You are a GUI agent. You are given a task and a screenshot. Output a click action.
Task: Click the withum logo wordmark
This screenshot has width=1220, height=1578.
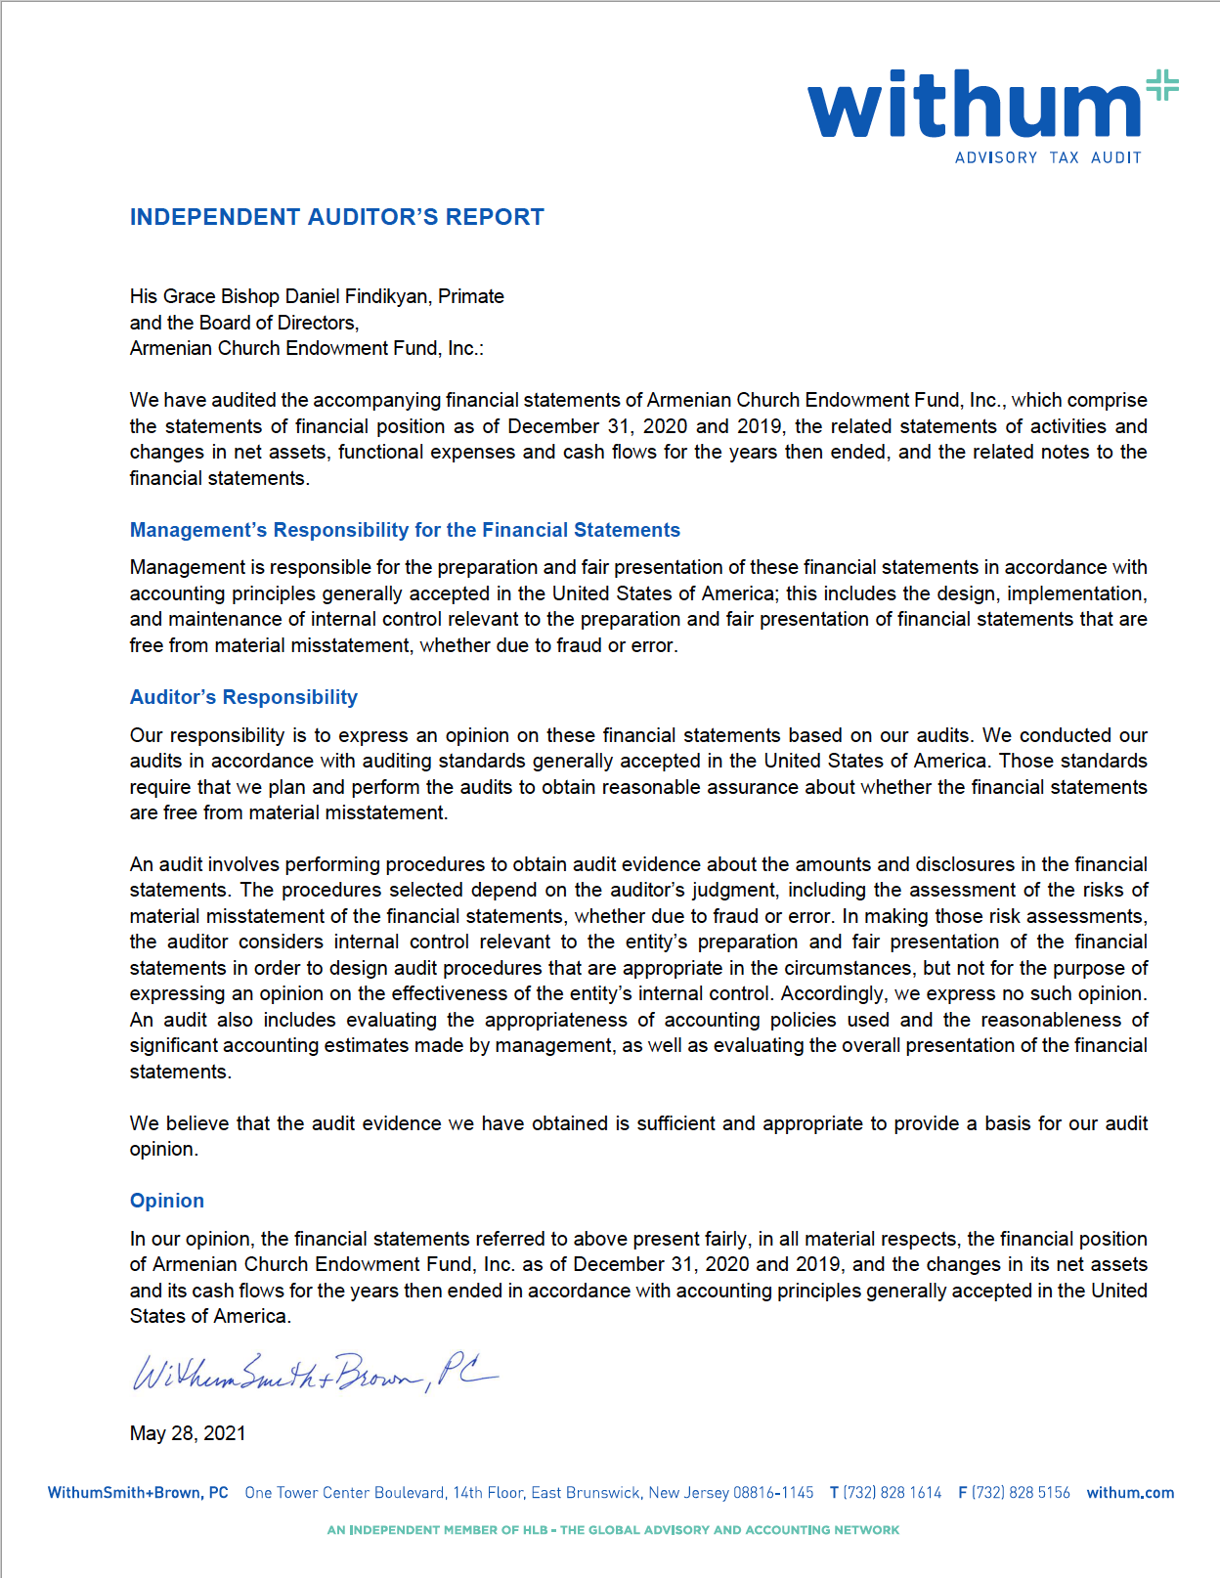[974, 106]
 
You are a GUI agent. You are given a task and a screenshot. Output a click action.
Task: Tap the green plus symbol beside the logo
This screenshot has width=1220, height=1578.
[1162, 85]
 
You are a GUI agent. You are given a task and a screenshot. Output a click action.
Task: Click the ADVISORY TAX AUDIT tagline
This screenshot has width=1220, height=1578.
[1048, 157]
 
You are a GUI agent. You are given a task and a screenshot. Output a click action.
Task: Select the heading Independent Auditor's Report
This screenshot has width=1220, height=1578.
[336, 217]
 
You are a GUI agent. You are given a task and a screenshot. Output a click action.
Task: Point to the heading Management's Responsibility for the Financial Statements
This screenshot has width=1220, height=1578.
[405, 530]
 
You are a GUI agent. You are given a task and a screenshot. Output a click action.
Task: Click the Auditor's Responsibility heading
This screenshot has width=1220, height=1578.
[243, 697]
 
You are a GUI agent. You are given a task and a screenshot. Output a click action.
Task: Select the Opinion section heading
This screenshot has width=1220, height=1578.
[167, 1201]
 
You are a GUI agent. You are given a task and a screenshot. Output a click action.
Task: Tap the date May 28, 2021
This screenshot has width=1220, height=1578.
[188, 1433]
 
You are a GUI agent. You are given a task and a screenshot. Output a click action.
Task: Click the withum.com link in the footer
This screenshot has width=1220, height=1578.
[1130, 1493]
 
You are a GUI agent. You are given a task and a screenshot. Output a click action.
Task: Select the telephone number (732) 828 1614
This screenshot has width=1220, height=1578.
[893, 1493]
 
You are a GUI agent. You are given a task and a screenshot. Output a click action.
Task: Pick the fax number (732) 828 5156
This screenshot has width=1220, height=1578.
[1021, 1493]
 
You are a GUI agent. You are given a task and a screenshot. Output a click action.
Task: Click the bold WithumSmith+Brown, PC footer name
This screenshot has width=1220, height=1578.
[138, 1493]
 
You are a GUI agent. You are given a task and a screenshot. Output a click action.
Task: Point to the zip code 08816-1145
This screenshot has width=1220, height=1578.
[773, 1493]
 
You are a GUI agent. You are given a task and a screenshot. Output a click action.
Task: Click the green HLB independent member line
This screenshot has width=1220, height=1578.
[613, 1530]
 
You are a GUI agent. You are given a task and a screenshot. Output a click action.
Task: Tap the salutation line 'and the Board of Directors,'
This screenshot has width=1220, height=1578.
[244, 323]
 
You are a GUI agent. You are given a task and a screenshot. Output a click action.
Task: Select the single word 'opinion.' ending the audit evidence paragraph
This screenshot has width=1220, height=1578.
[164, 1149]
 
